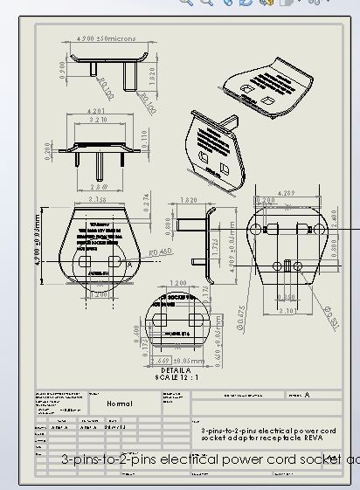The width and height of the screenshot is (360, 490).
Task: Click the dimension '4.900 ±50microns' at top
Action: tap(105, 39)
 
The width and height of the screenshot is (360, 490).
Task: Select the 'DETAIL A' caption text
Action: tap(176, 371)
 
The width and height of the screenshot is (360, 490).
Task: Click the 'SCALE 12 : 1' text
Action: tap(176, 378)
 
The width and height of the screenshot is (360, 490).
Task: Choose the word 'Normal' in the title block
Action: tap(120, 404)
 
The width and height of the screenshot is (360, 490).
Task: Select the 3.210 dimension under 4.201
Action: tap(104, 119)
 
